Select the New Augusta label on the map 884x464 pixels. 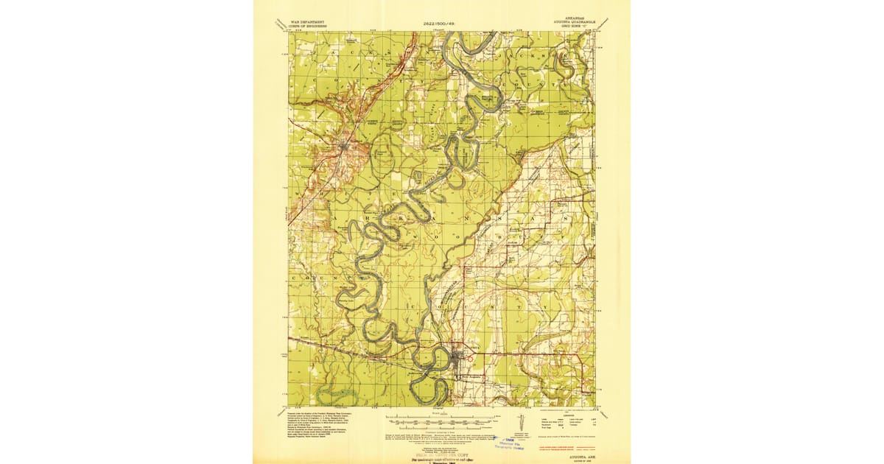coord(471,377)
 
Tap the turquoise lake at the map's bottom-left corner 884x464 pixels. coord(335,396)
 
